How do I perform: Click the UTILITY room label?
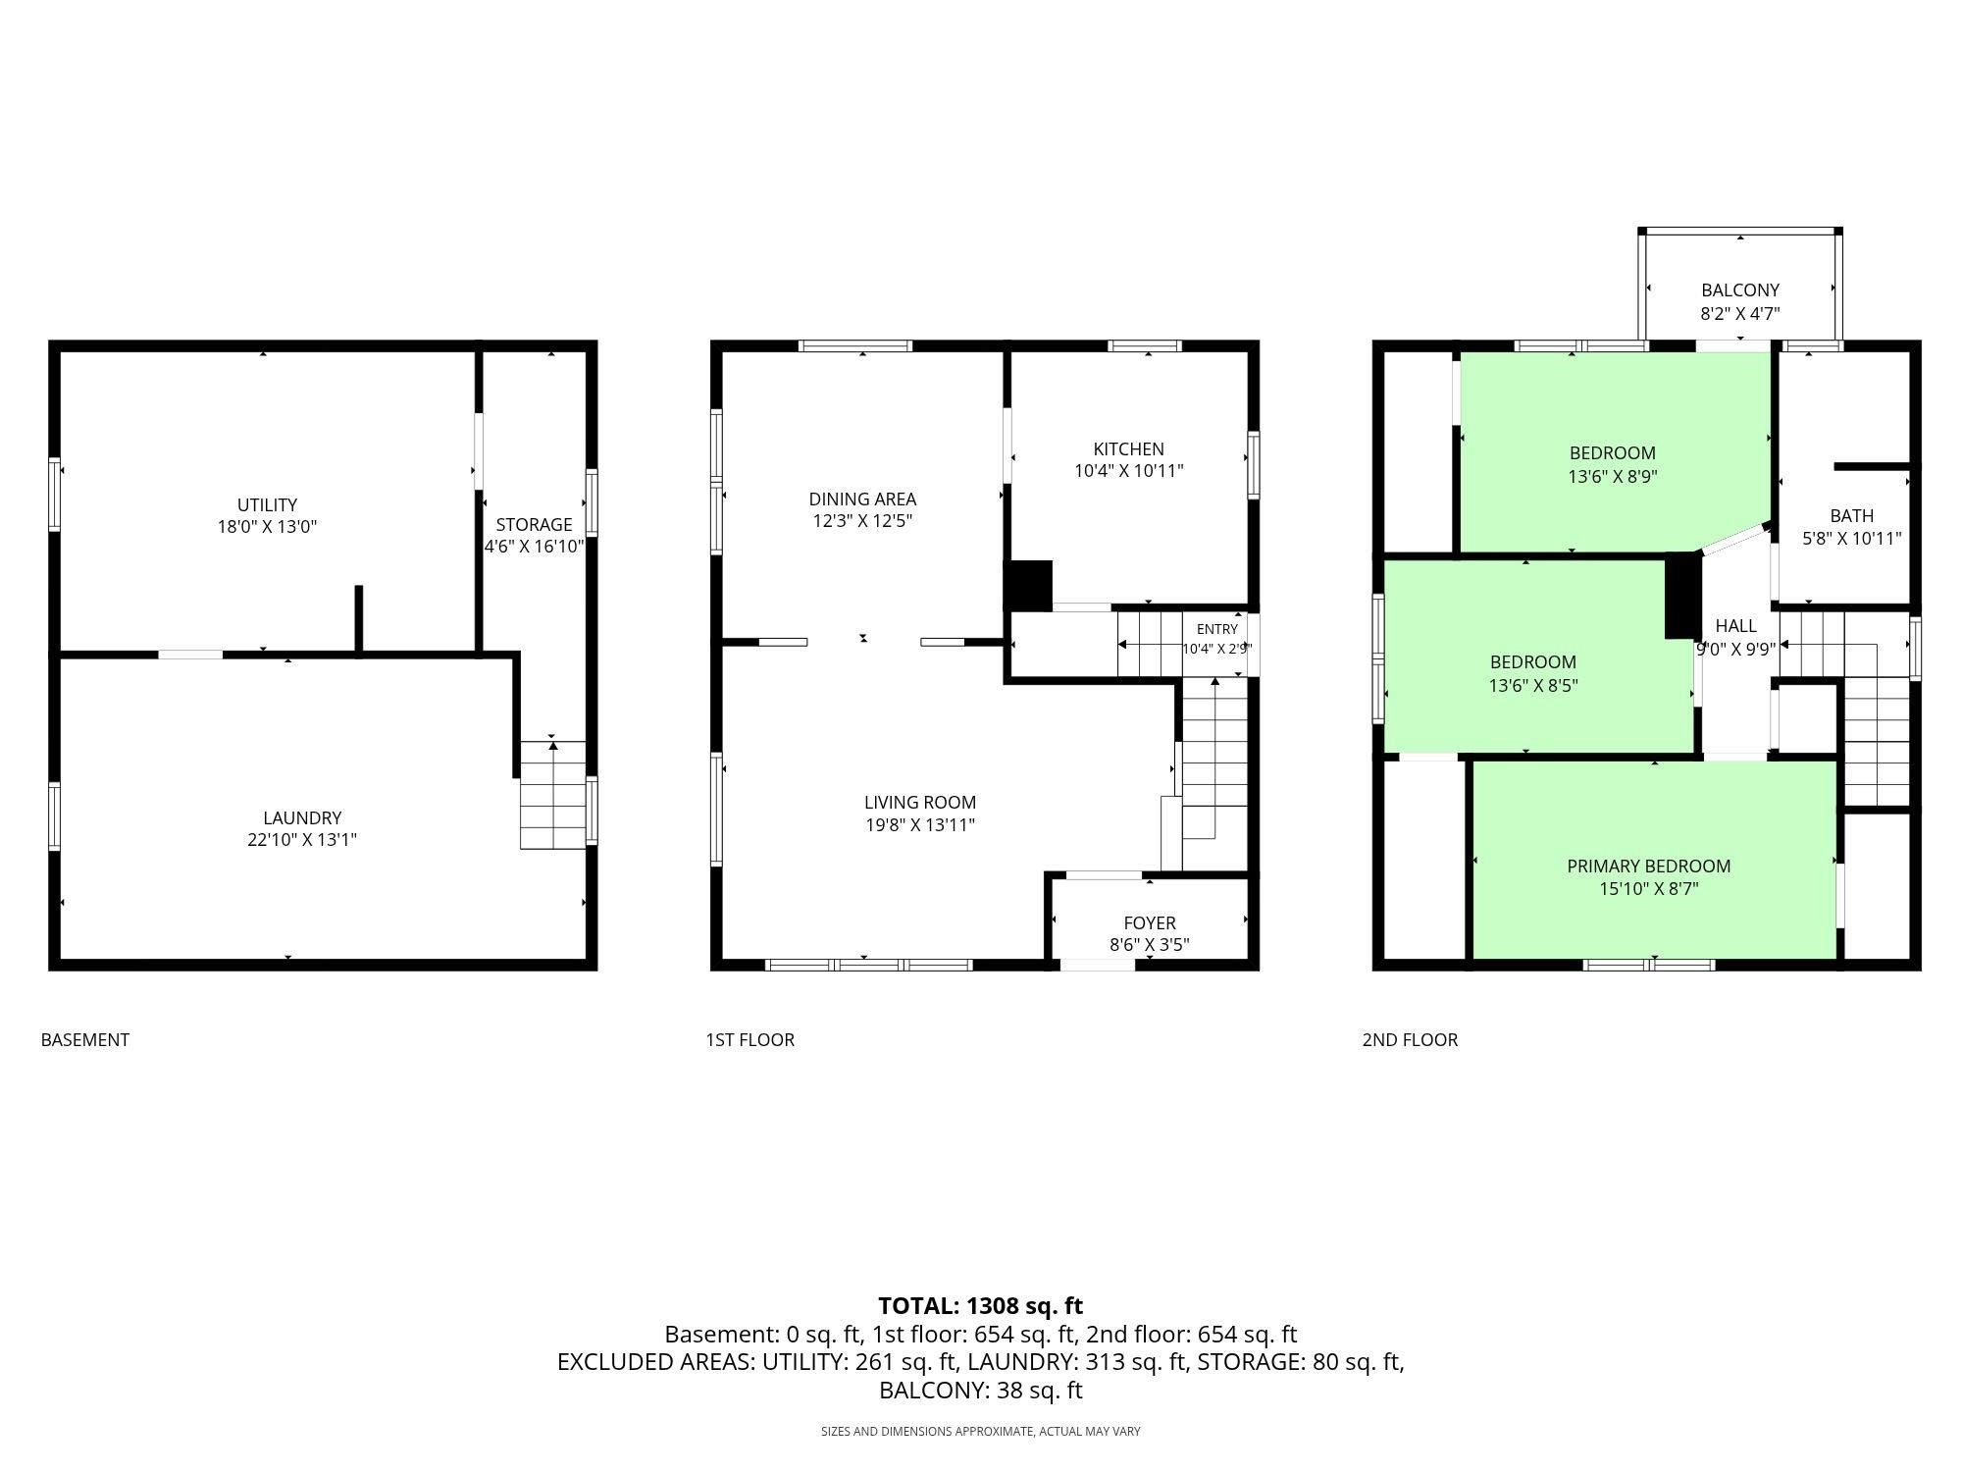pyautogui.click(x=267, y=505)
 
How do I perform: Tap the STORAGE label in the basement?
pyautogui.click(x=534, y=525)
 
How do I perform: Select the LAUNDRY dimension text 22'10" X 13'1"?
pyautogui.click(x=302, y=840)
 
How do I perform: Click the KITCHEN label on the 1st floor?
pyautogui.click(x=1129, y=449)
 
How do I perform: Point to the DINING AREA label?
pyautogui.click(x=862, y=499)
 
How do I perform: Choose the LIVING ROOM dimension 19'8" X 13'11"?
pyautogui.click(x=920, y=825)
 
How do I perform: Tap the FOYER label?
pyautogui.click(x=1150, y=923)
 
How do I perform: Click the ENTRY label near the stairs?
pyautogui.click(x=1217, y=629)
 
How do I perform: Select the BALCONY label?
pyautogui.click(x=1740, y=290)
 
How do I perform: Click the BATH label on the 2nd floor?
pyautogui.click(x=1852, y=516)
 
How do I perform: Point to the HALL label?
pyautogui.click(x=1736, y=626)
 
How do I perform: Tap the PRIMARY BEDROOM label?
pyautogui.click(x=1649, y=867)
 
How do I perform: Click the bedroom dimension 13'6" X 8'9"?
pyautogui.click(x=1613, y=477)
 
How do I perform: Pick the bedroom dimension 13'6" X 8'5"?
pyautogui.click(x=1533, y=686)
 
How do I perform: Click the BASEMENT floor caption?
pyautogui.click(x=85, y=1040)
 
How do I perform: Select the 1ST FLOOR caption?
pyautogui.click(x=750, y=1040)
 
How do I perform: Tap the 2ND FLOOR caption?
pyautogui.click(x=1411, y=1040)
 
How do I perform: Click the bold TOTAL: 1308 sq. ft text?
pyautogui.click(x=981, y=1306)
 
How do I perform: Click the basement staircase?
pyautogui.click(x=553, y=795)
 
